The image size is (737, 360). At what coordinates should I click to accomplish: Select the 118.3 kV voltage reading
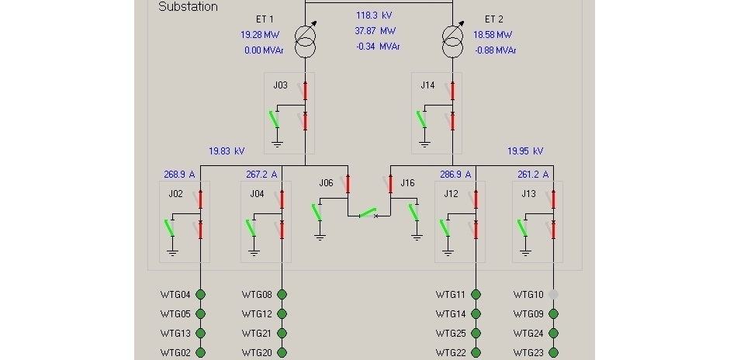(x=374, y=16)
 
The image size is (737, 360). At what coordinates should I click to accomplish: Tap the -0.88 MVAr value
(x=496, y=50)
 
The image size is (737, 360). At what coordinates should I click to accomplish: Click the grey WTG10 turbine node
(x=554, y=295)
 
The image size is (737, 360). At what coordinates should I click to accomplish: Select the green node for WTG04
(x=201, y=295)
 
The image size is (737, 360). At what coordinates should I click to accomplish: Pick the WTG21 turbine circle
(x=282, y=333)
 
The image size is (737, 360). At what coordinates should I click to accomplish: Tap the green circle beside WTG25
(x=476, y=333)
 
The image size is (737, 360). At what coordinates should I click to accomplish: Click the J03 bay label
(x=281, y=85)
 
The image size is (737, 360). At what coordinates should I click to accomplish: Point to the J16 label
(x=407, y=183)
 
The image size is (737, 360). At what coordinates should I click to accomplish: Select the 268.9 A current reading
(x=179, y=175)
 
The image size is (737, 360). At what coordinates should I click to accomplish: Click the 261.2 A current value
(x=533, y=175)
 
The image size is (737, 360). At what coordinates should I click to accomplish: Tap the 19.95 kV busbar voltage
(x=525, y=151)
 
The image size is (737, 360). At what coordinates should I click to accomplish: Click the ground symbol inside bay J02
(x=173, y=252)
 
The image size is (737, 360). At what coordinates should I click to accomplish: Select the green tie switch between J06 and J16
(x=368, y=213)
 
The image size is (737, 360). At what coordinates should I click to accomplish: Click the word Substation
(x=188, y=6)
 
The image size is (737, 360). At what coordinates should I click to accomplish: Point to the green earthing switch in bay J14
(x=421, y=119)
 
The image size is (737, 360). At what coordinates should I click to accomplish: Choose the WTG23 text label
(x=529, y=353)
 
